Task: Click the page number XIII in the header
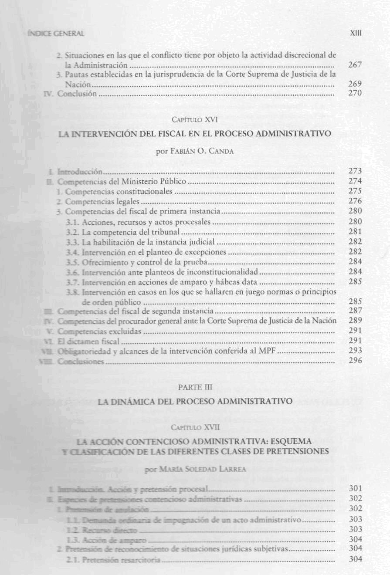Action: (x=356, y=34)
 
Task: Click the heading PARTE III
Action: (x=195, y=386)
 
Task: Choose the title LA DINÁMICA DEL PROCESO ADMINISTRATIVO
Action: (x=195, y=402)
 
